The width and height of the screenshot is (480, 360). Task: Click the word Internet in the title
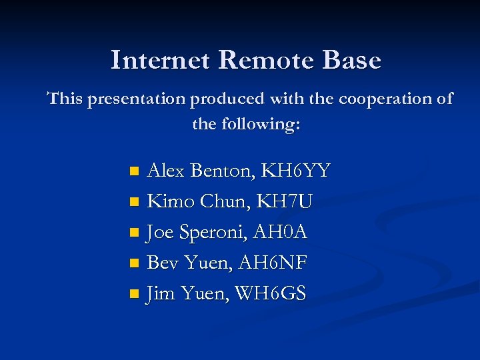point(161,60)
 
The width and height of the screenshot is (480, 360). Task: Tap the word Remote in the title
point(266,60)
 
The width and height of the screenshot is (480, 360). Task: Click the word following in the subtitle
point(259,124)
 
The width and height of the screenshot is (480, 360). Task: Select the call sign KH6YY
point(295,171)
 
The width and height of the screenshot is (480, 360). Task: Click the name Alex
point(166,171)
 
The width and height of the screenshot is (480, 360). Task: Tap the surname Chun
point(223,201)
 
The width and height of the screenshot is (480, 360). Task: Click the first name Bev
point(163,263)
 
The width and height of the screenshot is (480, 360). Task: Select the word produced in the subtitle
point(227,100)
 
